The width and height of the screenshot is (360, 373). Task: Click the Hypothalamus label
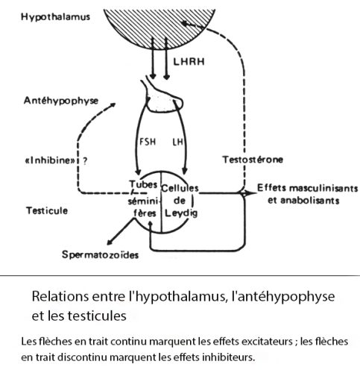point(55,17)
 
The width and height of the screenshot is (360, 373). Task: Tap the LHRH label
point(189,61)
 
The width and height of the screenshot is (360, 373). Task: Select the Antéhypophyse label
point(61,101)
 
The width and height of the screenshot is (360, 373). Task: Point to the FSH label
point(148,142)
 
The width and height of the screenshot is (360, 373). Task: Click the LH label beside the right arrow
point(178,142)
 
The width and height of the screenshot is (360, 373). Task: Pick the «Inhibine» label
point(50,160)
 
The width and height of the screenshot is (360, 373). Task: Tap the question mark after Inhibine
point(85,161)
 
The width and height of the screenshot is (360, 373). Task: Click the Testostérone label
point(253,160)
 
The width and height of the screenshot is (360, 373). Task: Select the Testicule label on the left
point(47,210)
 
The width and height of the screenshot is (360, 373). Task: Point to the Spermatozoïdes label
point(100,254)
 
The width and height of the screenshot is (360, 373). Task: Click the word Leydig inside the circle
point(181,213)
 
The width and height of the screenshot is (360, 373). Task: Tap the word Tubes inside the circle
point(143,184)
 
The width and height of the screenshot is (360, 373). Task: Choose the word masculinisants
point(323,188)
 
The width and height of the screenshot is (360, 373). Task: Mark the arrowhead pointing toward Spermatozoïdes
point(110,242)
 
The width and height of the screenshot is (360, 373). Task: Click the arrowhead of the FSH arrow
point(138,172)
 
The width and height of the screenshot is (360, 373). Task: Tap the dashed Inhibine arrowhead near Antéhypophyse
point(113,104)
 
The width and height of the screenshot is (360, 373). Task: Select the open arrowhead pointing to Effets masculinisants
point(249,193)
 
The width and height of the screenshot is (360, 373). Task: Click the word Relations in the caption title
point(60,296)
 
